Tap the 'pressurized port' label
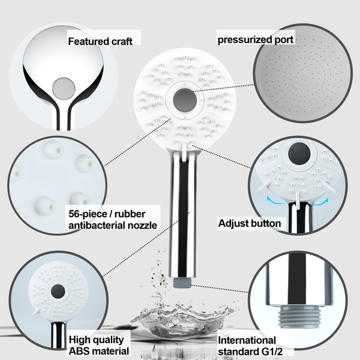tap(256, 40)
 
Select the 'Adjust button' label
tap(250, 224)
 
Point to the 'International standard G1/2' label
tap(247, 345)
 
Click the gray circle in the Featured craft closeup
tap(62, 89)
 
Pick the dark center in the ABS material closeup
tap(58, 290)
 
